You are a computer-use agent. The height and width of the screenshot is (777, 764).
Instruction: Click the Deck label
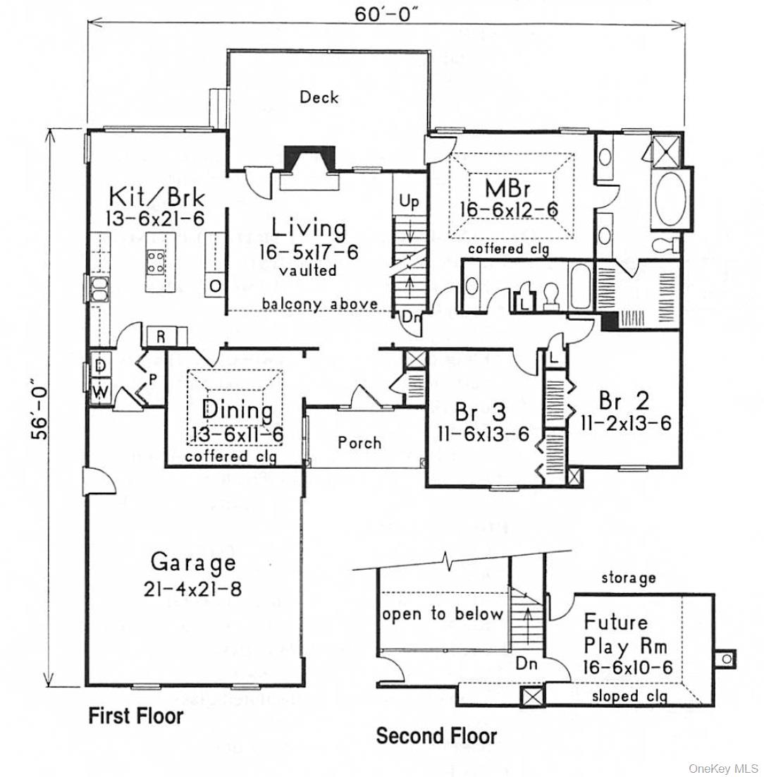[319, 97]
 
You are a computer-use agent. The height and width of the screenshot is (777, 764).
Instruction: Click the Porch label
[359, 443]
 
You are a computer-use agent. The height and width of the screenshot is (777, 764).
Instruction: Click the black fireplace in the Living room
[309, 159]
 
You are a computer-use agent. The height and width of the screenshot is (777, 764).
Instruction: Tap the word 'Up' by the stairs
[409, 202]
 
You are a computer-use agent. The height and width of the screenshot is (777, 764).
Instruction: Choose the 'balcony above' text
[320, 305]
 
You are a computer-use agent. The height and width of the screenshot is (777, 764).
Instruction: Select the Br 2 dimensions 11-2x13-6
[625, 423]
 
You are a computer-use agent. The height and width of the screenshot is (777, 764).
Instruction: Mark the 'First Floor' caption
[135, 716]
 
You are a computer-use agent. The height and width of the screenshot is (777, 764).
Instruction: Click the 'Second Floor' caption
[436, 736]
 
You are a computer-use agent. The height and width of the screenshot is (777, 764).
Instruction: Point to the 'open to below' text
[443, 614]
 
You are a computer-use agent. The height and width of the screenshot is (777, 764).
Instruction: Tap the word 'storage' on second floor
[628, 578]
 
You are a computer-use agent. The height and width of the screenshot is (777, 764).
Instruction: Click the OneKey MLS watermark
[727, 768]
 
